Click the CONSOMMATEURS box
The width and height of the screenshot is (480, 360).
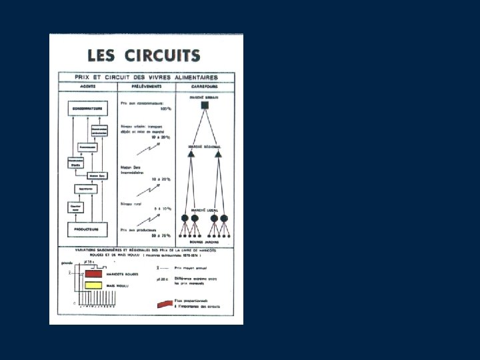(88, 107)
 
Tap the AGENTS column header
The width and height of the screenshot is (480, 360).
(87, 87)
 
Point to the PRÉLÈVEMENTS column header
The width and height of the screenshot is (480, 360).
(145, 87)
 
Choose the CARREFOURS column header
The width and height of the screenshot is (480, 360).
(205, 87)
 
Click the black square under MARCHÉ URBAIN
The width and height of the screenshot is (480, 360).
(205, 111)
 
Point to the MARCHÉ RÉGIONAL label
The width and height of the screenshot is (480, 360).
(205, 147)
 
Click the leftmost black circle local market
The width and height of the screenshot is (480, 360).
(185, 218)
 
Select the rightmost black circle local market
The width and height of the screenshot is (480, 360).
(225, 218)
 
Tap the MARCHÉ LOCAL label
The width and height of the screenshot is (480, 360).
(205, 209)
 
